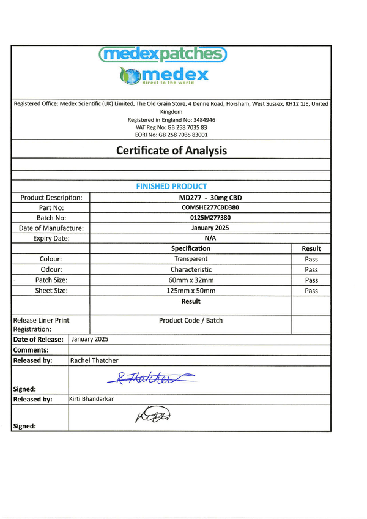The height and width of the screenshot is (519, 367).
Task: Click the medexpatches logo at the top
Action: (x=163, y=54)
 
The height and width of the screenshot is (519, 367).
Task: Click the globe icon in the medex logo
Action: (x=131, y=77)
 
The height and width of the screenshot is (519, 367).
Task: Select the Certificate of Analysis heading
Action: (x=171, y=150)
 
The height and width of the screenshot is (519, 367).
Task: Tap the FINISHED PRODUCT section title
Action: (x=171, y=186)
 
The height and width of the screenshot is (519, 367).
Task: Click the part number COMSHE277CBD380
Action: (x=191, y=207)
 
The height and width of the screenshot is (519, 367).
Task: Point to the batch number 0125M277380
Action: (x=191, y=217)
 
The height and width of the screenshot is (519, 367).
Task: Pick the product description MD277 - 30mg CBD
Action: (x=191, y=197)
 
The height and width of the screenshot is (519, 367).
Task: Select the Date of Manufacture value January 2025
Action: (x=191, y=228)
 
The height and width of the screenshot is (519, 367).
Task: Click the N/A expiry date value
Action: (x=191, y=238)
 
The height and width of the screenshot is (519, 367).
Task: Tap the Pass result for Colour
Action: (x=311, y=259)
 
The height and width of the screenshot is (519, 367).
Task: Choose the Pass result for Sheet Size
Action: (x=311, y=291)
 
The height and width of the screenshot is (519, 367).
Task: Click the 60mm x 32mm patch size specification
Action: (x=191, y=280)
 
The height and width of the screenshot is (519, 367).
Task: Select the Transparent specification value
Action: (x=191, y=259)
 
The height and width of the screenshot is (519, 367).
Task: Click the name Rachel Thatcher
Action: (x=95, y=360)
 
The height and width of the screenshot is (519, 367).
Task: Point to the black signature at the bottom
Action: (x=152, y=416)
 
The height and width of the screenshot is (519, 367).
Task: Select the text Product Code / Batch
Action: (x=191, y=321)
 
